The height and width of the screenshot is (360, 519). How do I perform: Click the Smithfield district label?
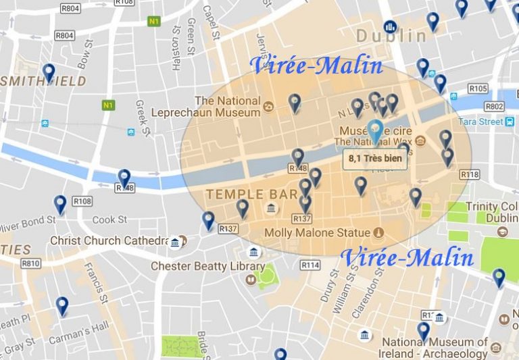click(43, 81)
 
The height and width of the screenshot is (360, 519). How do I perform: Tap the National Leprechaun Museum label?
click(227, 107)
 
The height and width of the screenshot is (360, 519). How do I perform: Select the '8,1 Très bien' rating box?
click(375, 159)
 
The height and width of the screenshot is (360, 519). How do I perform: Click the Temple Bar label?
click(251, 195)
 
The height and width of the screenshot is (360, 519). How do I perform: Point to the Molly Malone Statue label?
click(317, 233)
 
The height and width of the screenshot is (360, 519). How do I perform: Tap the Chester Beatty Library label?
click(198, 266)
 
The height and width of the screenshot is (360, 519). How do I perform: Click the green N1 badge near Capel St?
click(155, 21)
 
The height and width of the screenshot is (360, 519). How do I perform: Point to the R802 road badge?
click(495, 107)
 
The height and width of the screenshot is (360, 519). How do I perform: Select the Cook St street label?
click(109, 220)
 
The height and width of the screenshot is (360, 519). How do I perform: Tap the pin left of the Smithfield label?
click(49, 72)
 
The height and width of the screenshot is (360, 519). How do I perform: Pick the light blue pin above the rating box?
click(375, 131)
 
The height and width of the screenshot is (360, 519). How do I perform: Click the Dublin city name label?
click(391, 36)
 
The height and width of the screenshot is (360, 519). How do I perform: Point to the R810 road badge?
click(31, 263)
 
